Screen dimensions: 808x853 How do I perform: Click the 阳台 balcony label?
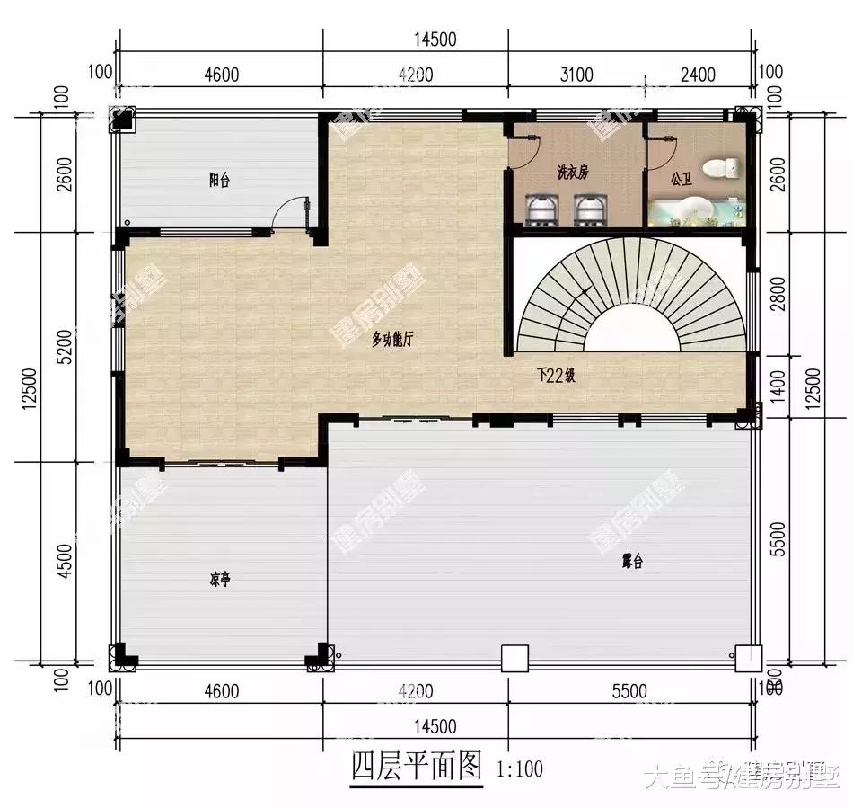[x=219, y=181]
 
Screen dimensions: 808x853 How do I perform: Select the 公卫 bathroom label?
[x=682, y=180]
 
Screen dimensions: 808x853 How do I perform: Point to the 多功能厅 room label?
[x=393, y=339]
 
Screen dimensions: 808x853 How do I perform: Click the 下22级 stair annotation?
[x=556, y=377]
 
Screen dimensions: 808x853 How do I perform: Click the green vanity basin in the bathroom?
[x=691, y=214]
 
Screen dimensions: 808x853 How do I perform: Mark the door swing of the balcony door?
[x=289, y=211]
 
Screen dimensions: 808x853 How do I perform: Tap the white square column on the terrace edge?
[x=514, y=659]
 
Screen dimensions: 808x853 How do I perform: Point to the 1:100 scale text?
[x=519, y=769]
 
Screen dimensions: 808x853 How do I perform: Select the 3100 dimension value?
[x=576, y=75]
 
